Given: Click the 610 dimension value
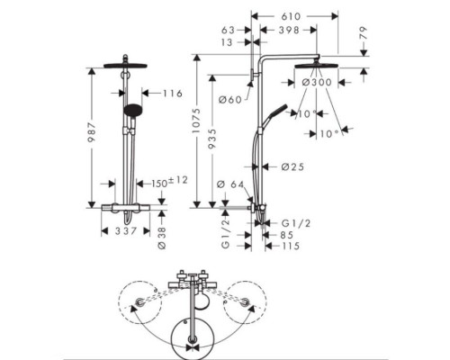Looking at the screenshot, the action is click(291, 16).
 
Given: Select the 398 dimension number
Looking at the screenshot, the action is click(289, 30).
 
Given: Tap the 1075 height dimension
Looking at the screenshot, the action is click(196, 121).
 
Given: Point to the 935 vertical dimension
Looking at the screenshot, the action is click(211, 139).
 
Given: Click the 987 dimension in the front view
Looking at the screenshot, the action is click(92, 132).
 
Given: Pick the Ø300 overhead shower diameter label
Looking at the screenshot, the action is click(317, 82).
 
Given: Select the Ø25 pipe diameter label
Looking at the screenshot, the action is click(292, 166).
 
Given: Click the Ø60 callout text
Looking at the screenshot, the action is click(230, 100).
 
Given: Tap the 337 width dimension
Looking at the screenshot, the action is click(126, 230).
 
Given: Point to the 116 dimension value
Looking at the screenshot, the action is click(173, 94).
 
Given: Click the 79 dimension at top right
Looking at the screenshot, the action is click(363, 32).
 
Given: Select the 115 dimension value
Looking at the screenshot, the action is click(291, 246).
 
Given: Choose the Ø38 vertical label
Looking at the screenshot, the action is click(162, 238).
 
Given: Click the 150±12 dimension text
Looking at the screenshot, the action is click(169, 182).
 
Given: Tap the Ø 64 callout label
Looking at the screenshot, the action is click(230, 184).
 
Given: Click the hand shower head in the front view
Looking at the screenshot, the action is click(132, 110).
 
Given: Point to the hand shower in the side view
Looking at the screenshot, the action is click(274, 117).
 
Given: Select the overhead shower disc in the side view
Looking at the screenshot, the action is click(317, 66).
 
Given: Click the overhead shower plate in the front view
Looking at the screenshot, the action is click(125, 66).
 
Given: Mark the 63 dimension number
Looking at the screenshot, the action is click(228, 31).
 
